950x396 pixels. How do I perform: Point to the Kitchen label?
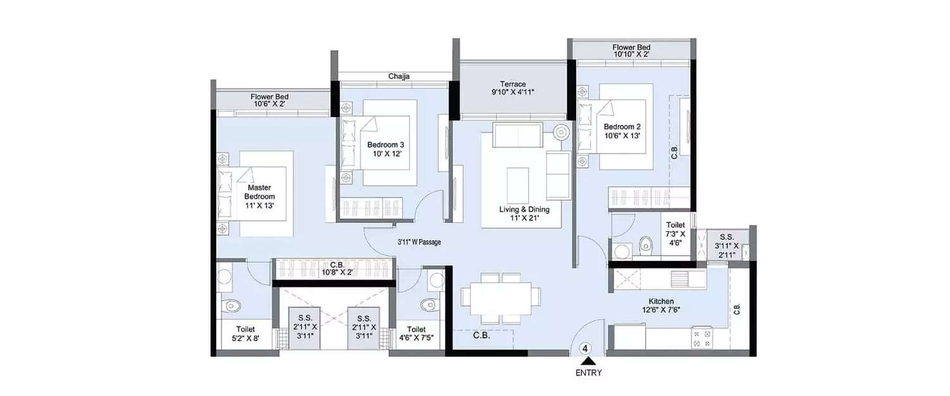[661, 301]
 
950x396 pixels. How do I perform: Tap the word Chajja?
[399, 77]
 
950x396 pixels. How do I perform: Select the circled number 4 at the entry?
[586, 348]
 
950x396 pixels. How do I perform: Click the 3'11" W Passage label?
[415, 242]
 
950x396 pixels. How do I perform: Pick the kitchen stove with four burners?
[701, 338]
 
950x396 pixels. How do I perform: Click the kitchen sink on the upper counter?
[680, 279]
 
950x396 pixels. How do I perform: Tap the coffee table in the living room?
[517, 179]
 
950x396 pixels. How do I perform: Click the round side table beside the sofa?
[562, 132]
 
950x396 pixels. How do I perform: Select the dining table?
[501, 297]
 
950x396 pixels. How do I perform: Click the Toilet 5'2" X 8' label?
[246, 334]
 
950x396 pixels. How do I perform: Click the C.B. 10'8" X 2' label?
[336, 269]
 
